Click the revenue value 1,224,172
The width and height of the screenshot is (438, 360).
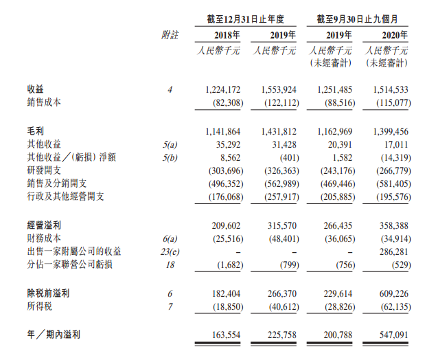click(x=222, y=90)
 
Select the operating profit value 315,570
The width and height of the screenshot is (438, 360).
click(x=279, y=225)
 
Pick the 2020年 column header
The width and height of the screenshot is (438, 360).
click(x=395, y=34)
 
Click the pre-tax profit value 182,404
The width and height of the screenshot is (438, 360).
click(x=222, y=293)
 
